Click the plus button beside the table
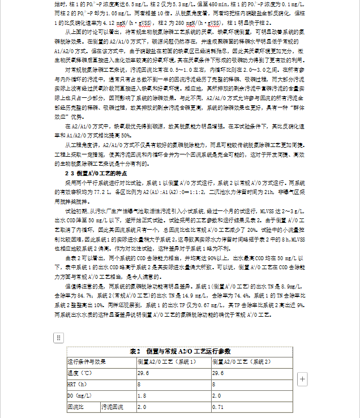302,378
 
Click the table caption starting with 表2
180,351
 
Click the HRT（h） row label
76,384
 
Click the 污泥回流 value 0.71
218,407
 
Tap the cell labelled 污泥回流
113,407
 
